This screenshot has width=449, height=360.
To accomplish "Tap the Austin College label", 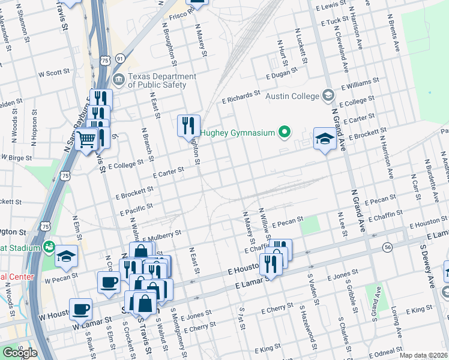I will click(298, 95).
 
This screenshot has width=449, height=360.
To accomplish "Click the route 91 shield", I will click(121, 59).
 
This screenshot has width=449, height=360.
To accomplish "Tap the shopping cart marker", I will click(87, 139).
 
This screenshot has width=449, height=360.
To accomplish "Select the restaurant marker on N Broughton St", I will click(188, 125).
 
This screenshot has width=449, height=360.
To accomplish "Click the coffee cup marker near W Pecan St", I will click(109, 282).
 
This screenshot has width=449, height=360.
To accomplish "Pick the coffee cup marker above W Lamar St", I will click(80, 310).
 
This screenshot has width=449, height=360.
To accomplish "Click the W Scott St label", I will click(54, 74).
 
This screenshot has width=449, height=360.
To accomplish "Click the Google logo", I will click(19, 353).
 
